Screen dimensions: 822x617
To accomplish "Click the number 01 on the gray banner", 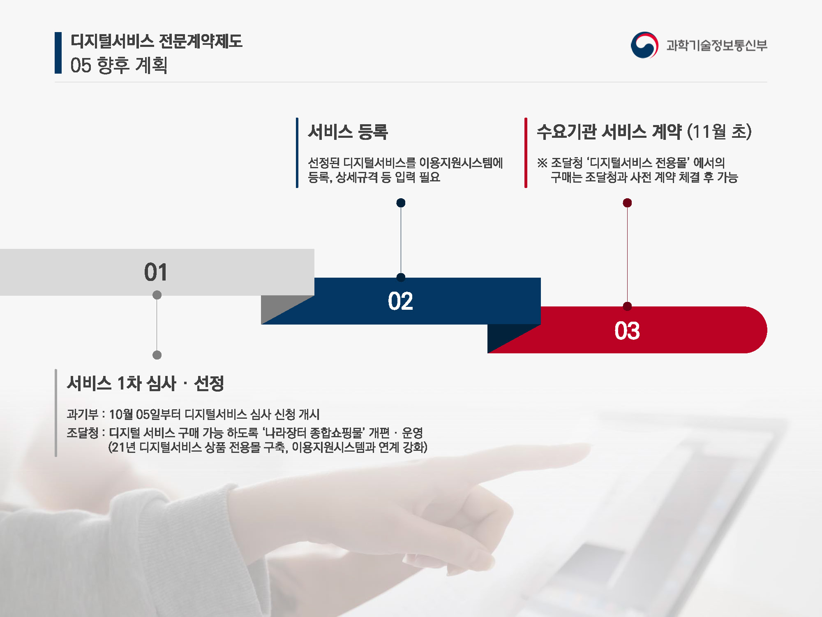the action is (x=156, y=272).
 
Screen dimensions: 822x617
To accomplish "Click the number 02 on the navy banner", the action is (x=400, y=301).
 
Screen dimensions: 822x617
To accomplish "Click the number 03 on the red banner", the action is (x=627, y=331).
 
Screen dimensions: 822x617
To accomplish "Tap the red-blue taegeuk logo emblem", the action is (x=644, y=45).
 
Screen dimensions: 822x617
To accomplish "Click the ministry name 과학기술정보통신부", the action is (x=717, y=45).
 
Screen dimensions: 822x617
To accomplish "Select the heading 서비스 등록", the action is (x=348, y=132).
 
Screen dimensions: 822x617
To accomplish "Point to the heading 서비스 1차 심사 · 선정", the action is (x=145, y=383).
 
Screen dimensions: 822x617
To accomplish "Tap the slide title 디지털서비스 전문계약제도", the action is (x=157, y=41).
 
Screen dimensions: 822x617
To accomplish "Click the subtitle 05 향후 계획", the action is (x=119, y=65).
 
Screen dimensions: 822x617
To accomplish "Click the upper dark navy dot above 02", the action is (x=401, y=203).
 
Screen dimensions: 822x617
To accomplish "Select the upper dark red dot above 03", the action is (x=627, y=203).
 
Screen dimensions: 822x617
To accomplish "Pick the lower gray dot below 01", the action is (x=157, y=355).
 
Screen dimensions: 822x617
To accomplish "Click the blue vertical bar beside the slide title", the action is (x=58, y=53).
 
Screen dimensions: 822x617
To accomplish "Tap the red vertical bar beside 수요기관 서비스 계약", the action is (x=526, y=153).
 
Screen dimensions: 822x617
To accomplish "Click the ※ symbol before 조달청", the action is (x=542, y=163).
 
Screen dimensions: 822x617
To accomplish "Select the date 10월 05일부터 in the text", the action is (x=145, y=414).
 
